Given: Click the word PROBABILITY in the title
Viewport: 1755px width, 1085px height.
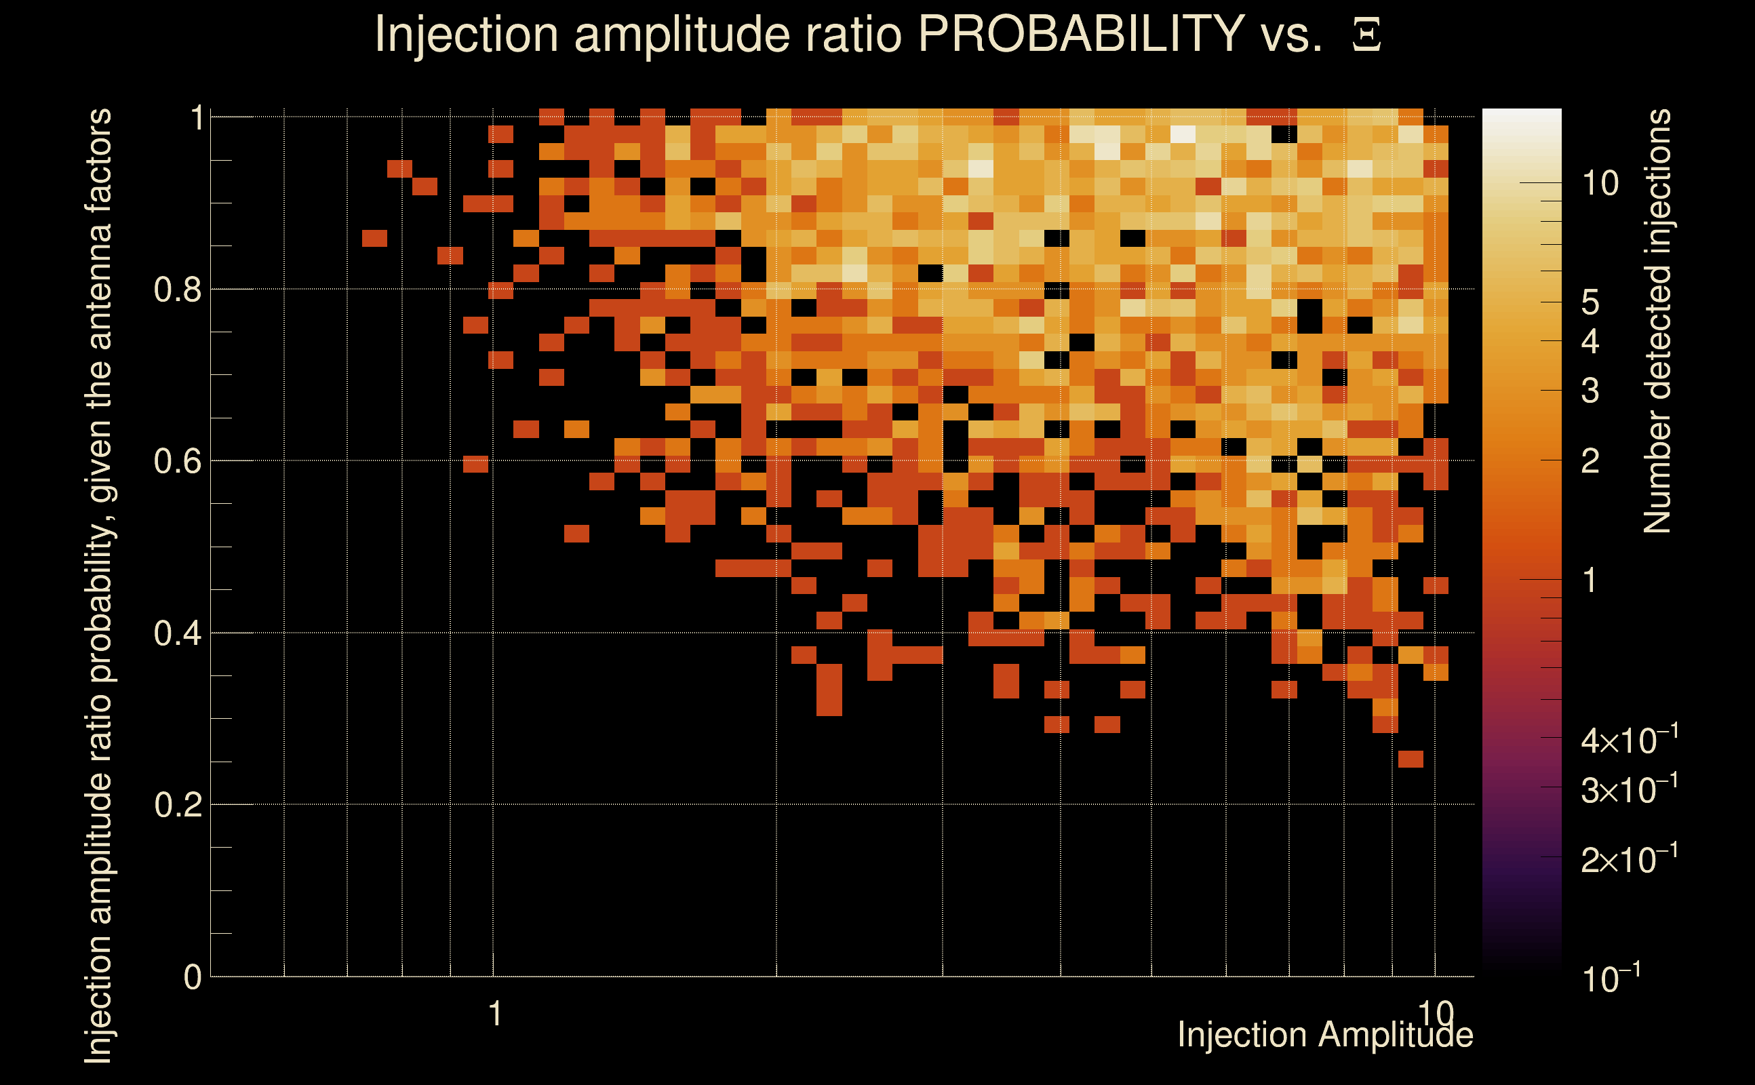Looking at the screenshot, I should click(1081, 34).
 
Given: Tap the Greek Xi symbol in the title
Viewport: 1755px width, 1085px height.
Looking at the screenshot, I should click(1366, 35).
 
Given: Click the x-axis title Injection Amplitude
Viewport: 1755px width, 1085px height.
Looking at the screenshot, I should click(1325, 1035).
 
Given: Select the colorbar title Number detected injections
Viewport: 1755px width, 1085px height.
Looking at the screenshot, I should click(1657, 321).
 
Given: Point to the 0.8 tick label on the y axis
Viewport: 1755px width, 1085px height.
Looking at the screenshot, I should click(178, 290).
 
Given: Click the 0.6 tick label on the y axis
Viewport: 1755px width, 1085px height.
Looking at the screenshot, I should click(178, 460).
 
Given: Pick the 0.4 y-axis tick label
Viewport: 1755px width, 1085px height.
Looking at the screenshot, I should click(178, 633).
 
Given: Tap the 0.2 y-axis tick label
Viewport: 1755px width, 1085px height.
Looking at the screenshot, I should click(178, 804).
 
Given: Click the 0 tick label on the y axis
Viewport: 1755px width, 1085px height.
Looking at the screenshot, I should click(193, 976).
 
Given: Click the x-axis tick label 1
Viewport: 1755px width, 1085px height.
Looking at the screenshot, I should click(494, 1014).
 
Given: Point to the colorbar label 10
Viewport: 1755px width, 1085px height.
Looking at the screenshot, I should click(1600, 184).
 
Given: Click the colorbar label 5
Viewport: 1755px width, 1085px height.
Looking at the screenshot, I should click(1590, 303).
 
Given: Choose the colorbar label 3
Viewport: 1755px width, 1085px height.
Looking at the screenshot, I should click(1590, 391).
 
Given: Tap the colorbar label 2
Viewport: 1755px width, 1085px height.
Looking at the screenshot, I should click(1590, 461).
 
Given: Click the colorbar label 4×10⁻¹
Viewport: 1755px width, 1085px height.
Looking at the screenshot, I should click(1629, 740).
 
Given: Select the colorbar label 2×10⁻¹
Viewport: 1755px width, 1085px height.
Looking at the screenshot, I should click(1629, 859).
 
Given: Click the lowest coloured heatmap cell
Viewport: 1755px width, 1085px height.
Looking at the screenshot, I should click(1411, 759).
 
